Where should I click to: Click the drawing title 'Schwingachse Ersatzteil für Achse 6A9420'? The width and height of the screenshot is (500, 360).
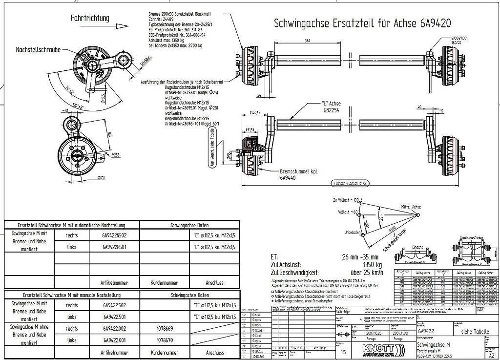[362, 23]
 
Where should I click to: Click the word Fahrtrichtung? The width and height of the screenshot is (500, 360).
[90, 18]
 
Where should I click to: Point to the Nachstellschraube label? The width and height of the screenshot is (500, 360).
[38, 50]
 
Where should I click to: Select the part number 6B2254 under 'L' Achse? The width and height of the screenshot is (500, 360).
[331, 110]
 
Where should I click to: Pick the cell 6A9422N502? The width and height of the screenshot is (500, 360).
[115, 235]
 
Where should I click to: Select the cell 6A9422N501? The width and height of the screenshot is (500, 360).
[115, 247]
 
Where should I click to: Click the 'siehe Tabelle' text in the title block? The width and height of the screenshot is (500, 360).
[475, 332]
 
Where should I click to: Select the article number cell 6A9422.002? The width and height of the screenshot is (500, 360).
[115, 329]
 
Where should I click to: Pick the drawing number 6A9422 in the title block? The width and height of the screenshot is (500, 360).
[426, 332]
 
